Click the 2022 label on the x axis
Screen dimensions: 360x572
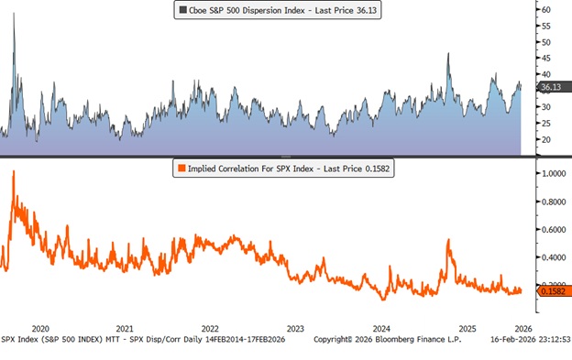pyautogui.click(x=209, y=328)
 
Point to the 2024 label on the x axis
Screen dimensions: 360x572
pyautogui.click(x=382, y=328)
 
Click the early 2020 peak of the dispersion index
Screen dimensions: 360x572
pyautogui.click(x=13, y=15)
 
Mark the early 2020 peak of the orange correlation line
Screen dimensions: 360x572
pyautogui.click(x=13, y=172)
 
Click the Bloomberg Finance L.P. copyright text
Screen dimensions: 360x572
pyautogui.click(x=389, y=339)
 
